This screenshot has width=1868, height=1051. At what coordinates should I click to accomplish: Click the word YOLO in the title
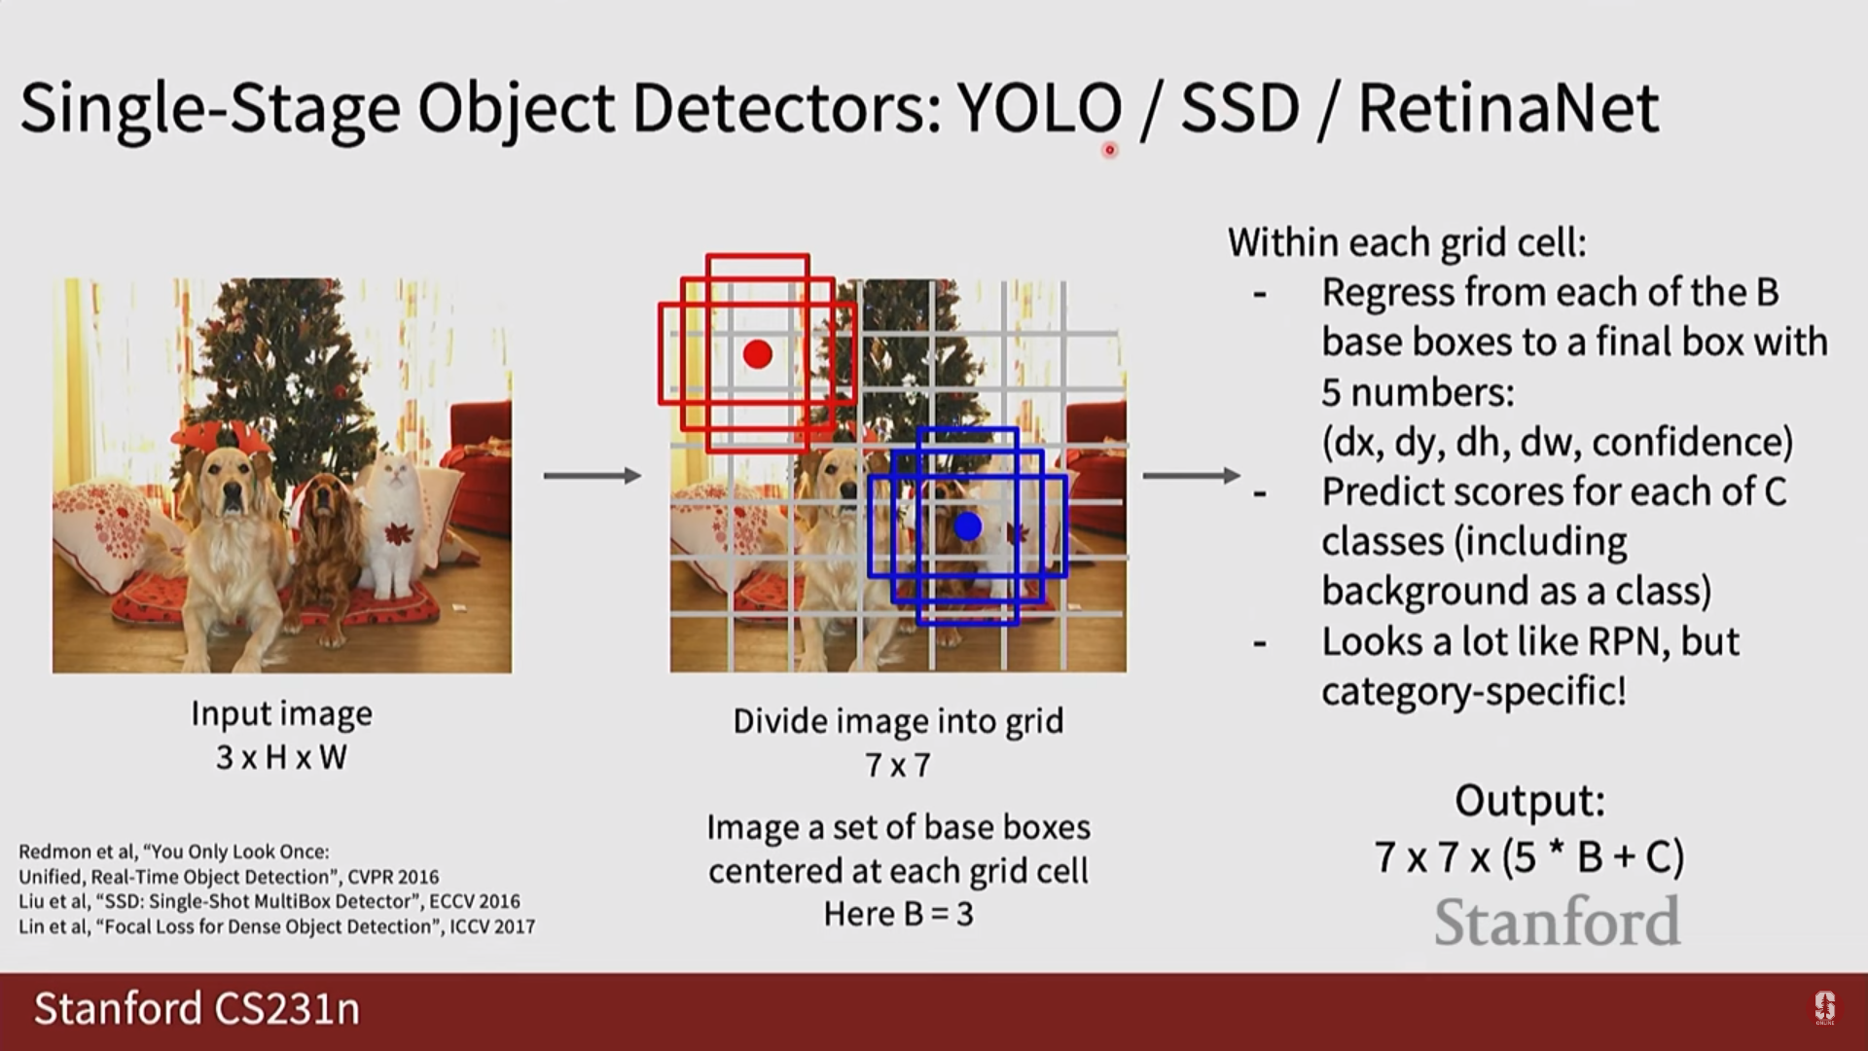point(1039,108)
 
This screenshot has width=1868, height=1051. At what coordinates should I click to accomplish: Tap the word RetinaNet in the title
point(1508,108)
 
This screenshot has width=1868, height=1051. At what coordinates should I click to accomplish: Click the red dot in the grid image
point(757,353)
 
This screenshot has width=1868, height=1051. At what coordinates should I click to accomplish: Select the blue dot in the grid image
point(967,526)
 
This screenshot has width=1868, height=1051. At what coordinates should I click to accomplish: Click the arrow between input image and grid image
point(592,476)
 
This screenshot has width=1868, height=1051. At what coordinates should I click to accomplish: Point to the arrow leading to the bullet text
point(1191,476)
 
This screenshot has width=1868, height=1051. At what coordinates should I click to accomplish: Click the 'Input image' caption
point(281,713)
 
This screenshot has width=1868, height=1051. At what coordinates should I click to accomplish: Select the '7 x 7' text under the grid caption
point(898,766)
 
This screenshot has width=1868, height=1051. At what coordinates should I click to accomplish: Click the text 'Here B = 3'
point(898,914)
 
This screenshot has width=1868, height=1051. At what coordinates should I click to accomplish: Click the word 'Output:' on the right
point(1529,801)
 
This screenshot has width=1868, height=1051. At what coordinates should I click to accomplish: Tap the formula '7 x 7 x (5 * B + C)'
point(1529,857)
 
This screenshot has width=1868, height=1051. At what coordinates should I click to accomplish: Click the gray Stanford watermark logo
point(1557,923)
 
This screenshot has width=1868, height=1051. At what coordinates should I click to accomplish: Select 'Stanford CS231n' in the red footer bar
point(197,1009)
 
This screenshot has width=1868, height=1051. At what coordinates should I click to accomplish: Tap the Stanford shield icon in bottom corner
point(1824,1007)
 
